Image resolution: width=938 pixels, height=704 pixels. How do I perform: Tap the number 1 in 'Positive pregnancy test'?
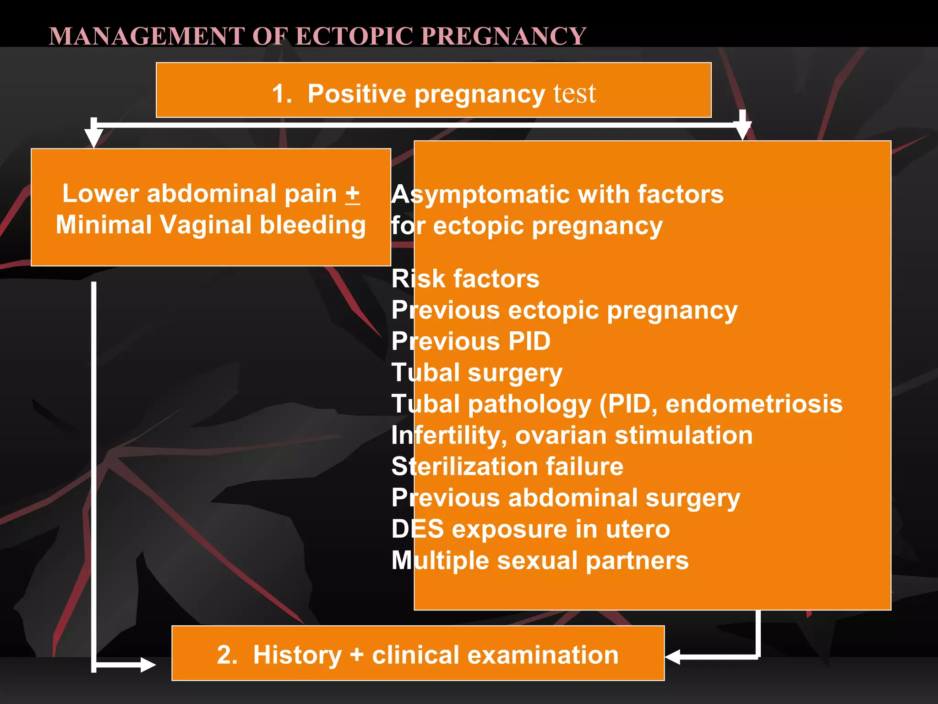click(281, 94)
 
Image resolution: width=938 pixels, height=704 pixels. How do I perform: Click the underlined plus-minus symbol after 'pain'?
click(352, 194)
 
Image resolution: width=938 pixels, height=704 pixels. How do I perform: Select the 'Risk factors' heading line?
click(465, 279)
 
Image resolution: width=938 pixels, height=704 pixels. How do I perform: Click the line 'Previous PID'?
click(471, 341)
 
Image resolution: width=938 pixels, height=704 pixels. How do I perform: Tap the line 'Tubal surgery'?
click(477, 373)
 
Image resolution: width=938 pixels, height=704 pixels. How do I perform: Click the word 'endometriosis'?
click(753, 404)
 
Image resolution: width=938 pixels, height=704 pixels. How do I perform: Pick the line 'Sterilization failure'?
click(507, 467)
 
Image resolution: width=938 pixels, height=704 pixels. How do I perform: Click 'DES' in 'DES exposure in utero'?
click(417, 529)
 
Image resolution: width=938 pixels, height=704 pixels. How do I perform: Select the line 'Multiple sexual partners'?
click(540, 561)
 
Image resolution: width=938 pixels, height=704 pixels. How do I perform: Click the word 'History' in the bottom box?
click(297, 654)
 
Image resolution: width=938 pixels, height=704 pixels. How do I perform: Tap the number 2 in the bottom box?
click(227, 654)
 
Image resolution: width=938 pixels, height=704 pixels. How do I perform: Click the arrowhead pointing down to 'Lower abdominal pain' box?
click(93, 137)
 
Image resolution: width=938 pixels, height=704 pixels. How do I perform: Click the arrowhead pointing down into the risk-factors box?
click(742, 131)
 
